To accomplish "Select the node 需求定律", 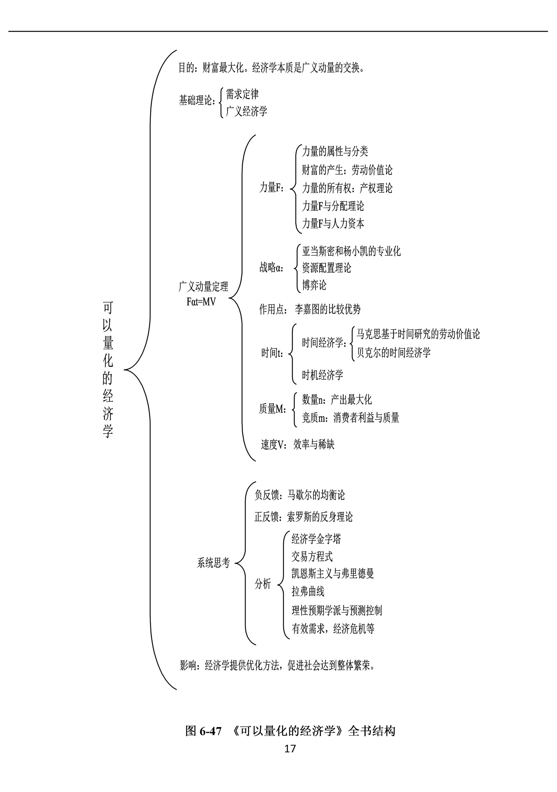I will [x=242, y=94].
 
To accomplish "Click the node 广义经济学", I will [x=246, y=111].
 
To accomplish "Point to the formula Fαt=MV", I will [x=201, y=302].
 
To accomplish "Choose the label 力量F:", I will [x=272, y=188].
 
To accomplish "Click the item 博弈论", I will [x=314, y=285].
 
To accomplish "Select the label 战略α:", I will [x=272, y=267].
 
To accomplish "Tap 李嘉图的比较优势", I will [x=328, y=309].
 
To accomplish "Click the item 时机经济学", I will [x=323, y=375].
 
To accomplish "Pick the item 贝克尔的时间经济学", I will [x=394, y=353].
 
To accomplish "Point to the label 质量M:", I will [x=272, y=409].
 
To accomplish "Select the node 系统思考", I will [x=213, y=563].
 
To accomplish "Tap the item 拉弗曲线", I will [x=308, y=591].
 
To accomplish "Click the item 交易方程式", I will [x=312, y=556].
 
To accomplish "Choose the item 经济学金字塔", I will [x=316, y=539].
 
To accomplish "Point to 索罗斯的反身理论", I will [x=320, y=517].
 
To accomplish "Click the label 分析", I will [x=263, y=584].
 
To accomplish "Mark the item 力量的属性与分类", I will [x=335, y=151].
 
